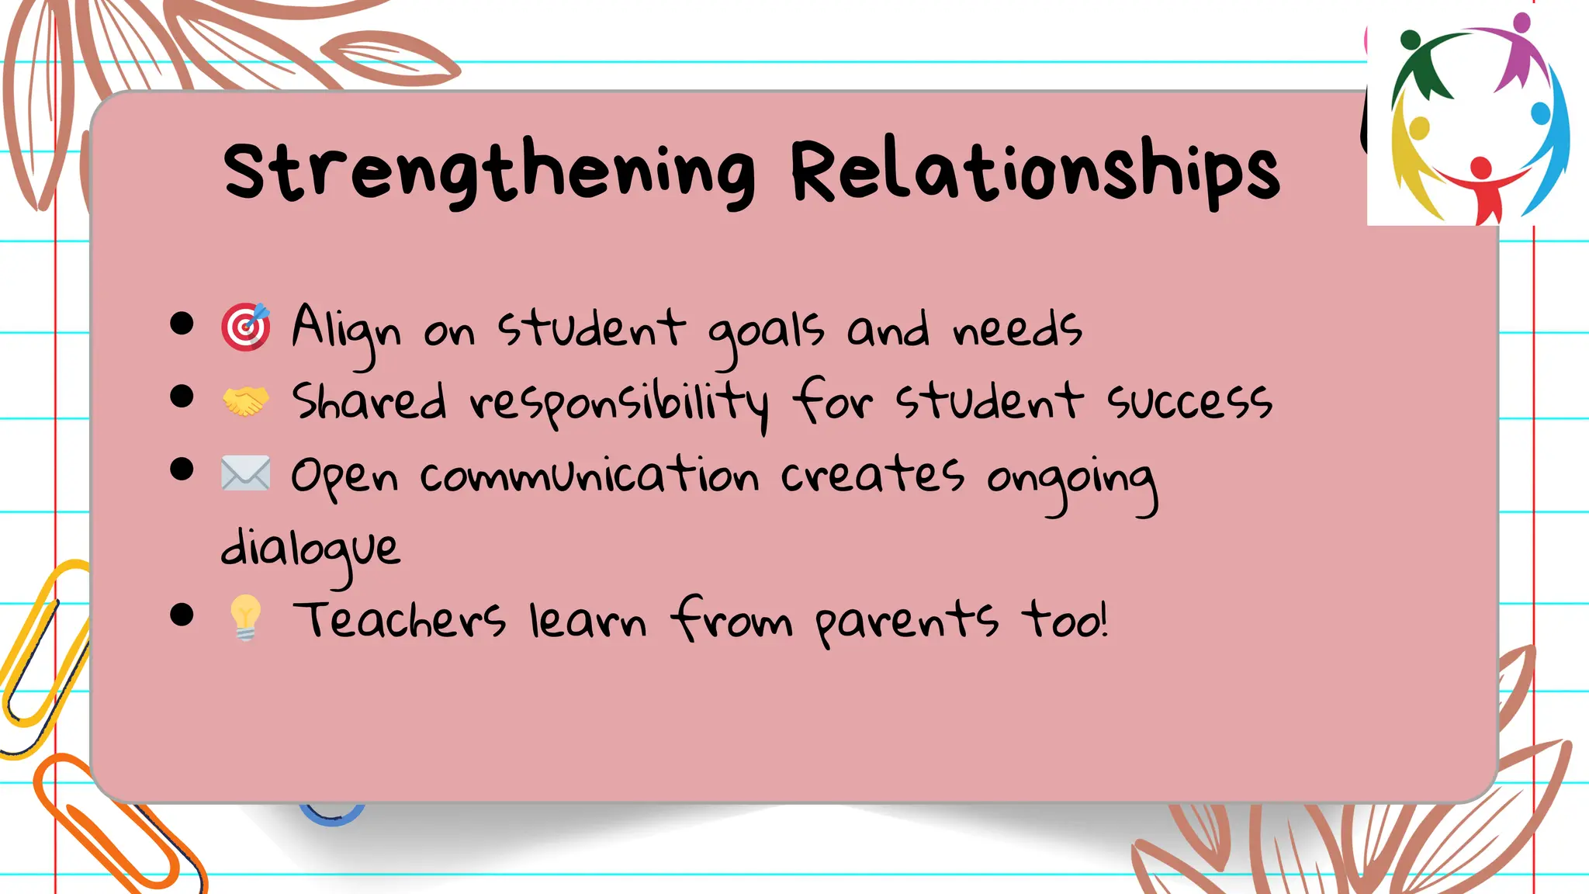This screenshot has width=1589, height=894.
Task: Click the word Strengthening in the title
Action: [x=489, y=172]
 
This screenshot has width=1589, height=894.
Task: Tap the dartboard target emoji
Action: [x=246, y=327]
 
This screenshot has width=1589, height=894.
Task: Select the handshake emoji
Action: [x=246, y=401]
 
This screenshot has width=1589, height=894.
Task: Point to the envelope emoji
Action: [x=246, y=473]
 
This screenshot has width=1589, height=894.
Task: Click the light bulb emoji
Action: [x=245, y=618]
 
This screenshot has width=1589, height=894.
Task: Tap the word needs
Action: [x=1017, y=329]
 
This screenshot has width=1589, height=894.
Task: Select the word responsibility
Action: [x=619, y=404]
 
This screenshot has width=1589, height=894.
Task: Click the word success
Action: [x=1189, y=402]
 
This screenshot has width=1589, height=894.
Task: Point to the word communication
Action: [x=589, y=475]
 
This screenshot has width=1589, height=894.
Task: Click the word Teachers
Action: [x=400, y=620]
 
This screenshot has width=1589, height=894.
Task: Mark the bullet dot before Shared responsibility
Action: [x=182, y=397]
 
